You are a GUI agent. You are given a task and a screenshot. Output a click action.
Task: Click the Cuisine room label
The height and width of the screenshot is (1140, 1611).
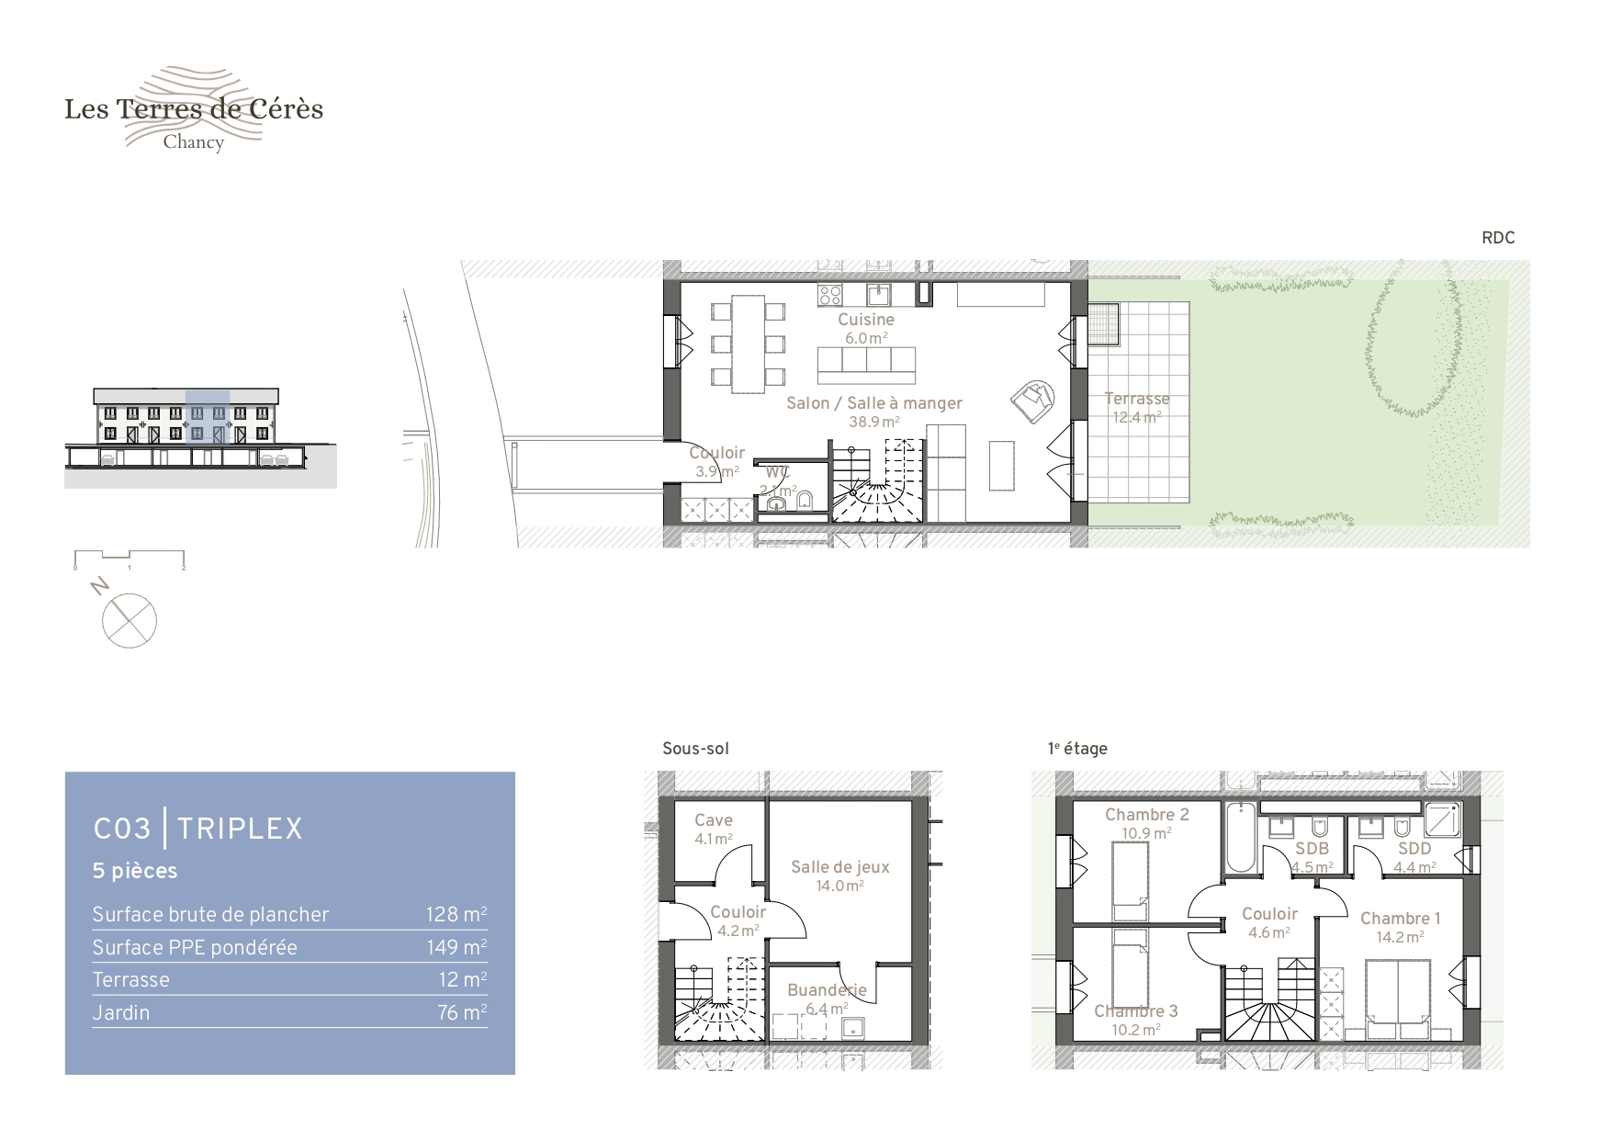point(866,320)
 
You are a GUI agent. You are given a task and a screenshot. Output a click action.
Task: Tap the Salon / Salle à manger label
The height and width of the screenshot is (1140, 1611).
point(874,403)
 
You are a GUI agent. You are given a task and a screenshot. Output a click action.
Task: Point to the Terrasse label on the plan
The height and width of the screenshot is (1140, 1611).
point(1137,399)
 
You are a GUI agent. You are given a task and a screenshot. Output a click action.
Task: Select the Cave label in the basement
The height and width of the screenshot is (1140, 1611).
point(714,820)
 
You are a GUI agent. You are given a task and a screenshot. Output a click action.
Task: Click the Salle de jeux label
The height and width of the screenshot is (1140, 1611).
point(840,867)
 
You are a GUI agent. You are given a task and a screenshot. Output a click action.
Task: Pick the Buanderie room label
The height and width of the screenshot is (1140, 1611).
point(827,990)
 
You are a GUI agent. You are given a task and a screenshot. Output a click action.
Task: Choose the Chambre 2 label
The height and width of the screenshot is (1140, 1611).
point(1147,815)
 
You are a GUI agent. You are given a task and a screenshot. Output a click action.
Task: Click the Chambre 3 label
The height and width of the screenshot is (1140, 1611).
point(1136,1011)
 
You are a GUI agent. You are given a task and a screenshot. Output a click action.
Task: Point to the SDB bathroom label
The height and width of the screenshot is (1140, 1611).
point(1312,849)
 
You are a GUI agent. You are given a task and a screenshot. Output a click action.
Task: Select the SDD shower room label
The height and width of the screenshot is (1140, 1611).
point(1414,849)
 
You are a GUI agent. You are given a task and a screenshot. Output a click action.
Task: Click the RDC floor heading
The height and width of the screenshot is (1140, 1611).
point(1498,238)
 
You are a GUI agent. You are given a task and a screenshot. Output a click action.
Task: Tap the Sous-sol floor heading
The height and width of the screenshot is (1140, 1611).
point(695,749)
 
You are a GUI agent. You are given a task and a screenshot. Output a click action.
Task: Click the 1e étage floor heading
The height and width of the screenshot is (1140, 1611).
point(1077,749)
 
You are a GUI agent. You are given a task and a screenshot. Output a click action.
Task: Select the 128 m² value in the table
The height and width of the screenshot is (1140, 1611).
point(456,914)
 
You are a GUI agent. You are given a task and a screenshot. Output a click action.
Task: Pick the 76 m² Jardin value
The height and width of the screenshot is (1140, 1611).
point(462,1012)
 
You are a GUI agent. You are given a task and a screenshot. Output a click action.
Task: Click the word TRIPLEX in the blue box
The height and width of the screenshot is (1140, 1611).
point(240,829)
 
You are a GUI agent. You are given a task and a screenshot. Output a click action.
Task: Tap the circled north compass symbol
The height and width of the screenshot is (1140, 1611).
point(130,620)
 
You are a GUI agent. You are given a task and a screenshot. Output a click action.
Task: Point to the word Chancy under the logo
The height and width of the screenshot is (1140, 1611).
point(194,142)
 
